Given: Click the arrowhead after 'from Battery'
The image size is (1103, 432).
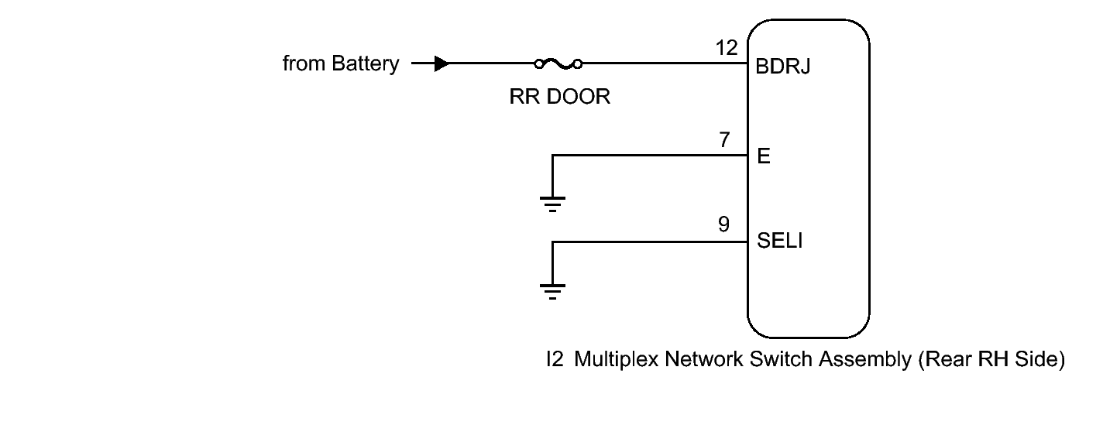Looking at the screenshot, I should [442, 63].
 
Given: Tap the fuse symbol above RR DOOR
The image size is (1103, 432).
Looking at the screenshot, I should [558, 63].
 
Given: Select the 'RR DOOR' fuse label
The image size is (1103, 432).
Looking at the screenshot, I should [559, 98].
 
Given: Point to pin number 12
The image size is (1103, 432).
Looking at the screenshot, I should [728, 48].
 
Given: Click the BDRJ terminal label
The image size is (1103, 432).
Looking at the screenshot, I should [782, 68].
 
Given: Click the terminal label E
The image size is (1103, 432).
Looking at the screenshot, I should [762, 157].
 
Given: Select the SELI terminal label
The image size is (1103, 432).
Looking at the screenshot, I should [779, 243].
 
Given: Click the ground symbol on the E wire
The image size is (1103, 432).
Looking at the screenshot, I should [552, 204].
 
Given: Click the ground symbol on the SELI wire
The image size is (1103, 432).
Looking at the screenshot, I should [552, 291].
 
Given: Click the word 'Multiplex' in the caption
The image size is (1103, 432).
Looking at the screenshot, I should [607, 362].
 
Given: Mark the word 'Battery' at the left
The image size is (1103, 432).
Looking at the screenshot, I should [365, 63].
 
